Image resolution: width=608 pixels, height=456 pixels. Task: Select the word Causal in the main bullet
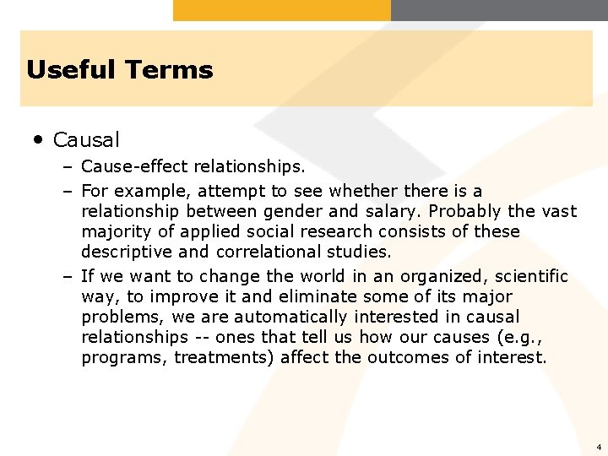86,139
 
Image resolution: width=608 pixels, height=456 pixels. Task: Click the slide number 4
598,447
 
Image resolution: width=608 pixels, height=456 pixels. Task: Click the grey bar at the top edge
499,9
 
